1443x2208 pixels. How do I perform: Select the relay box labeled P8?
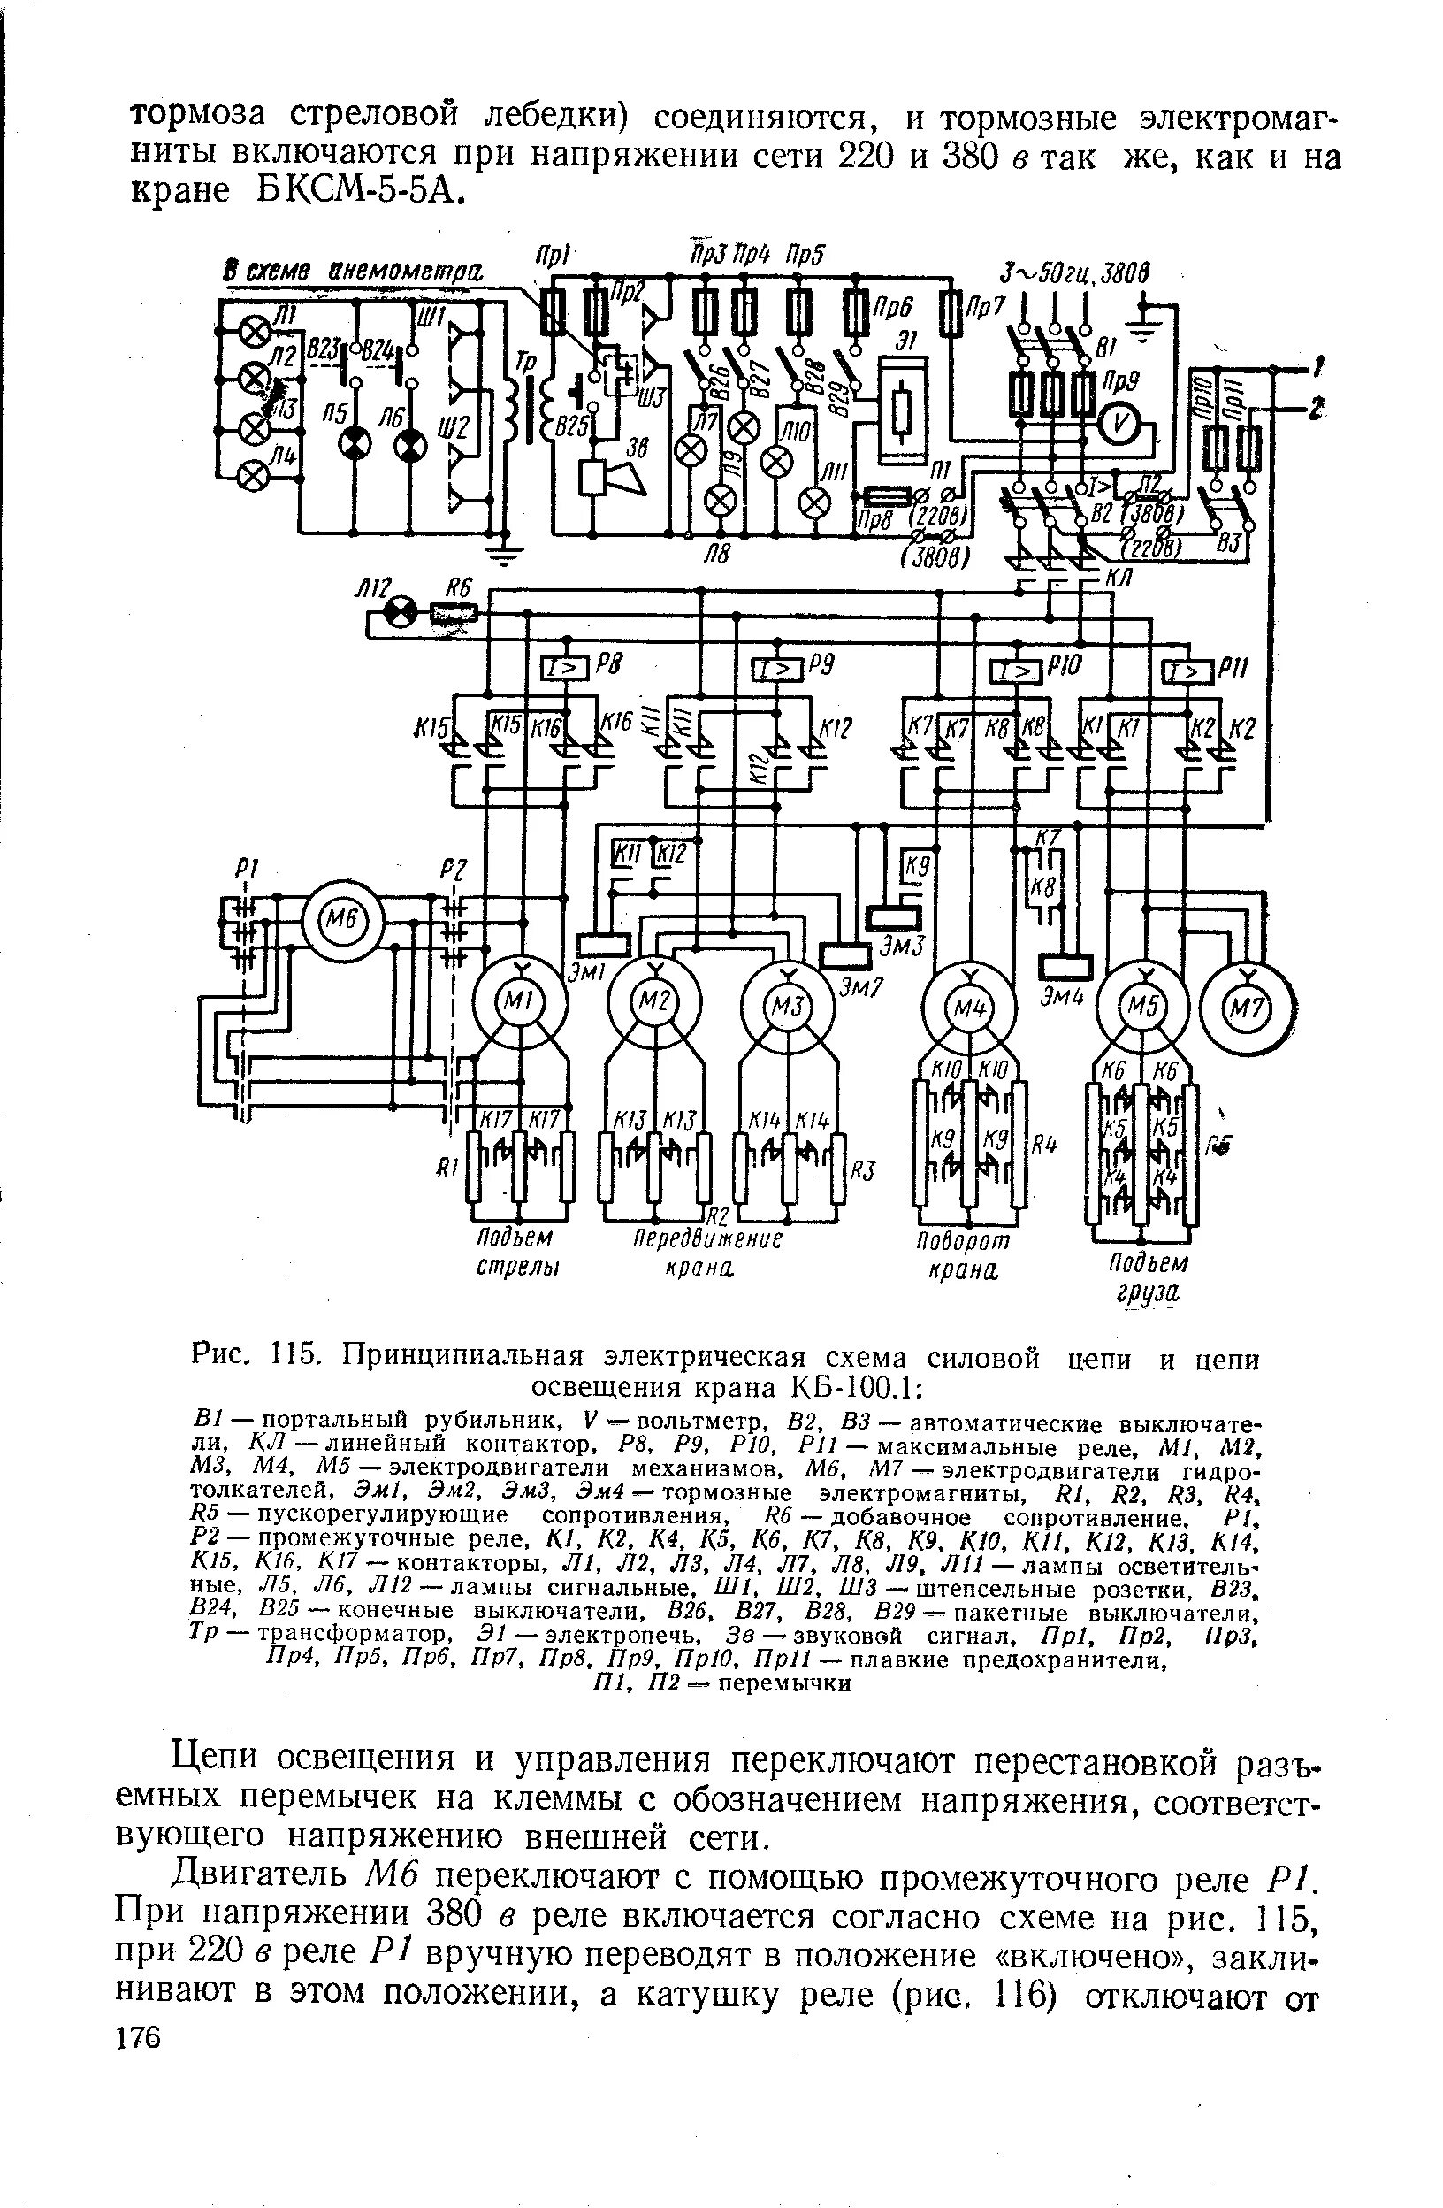point(566,667)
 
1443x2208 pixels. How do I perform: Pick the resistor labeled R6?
point(454,612)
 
